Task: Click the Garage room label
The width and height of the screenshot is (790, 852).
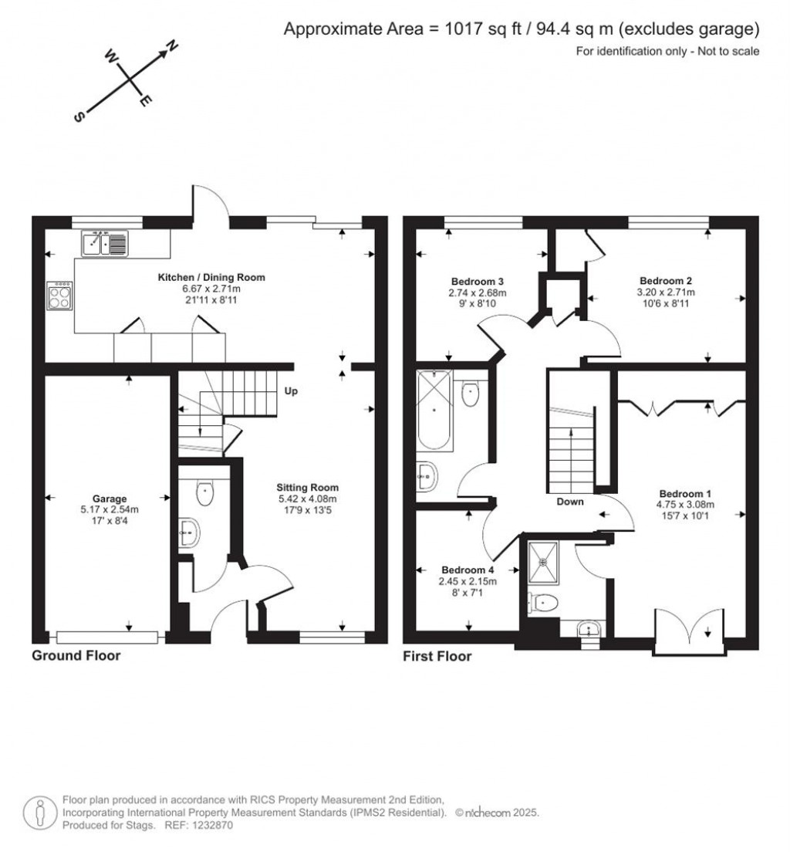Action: [x=110, y=499]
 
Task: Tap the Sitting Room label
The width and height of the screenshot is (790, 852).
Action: [x=307, y=488]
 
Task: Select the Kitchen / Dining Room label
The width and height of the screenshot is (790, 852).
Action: [x=211, y=277]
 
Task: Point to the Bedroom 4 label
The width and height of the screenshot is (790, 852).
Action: [x=468, y=570]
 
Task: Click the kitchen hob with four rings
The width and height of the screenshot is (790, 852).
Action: [x=59, y=296]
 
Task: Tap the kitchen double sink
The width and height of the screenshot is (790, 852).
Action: [x=105, y=243]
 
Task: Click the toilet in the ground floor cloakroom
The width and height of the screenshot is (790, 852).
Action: [x=205, y=492]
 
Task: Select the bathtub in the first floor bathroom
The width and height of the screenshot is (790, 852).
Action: [x=434, y=410]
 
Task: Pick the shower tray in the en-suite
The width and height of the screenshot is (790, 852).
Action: [x=543, y=563]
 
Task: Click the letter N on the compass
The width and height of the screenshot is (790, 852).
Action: [x=172, y=46]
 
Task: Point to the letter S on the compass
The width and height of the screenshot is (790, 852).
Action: [x=79, y=117]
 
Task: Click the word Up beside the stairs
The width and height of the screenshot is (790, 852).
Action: [x=291, y=391]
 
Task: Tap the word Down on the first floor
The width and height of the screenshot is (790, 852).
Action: [x=570, y=502]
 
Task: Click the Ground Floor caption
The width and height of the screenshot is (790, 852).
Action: [x=76, y=655]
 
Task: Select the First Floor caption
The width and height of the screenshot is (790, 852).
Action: [x=437, y=657]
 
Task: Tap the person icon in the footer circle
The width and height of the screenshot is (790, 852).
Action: [x=39, y=813]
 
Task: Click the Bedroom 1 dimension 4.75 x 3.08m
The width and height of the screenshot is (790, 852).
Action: [x=685, y=504]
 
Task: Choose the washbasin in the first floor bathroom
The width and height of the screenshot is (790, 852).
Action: [x=427, y=476]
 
